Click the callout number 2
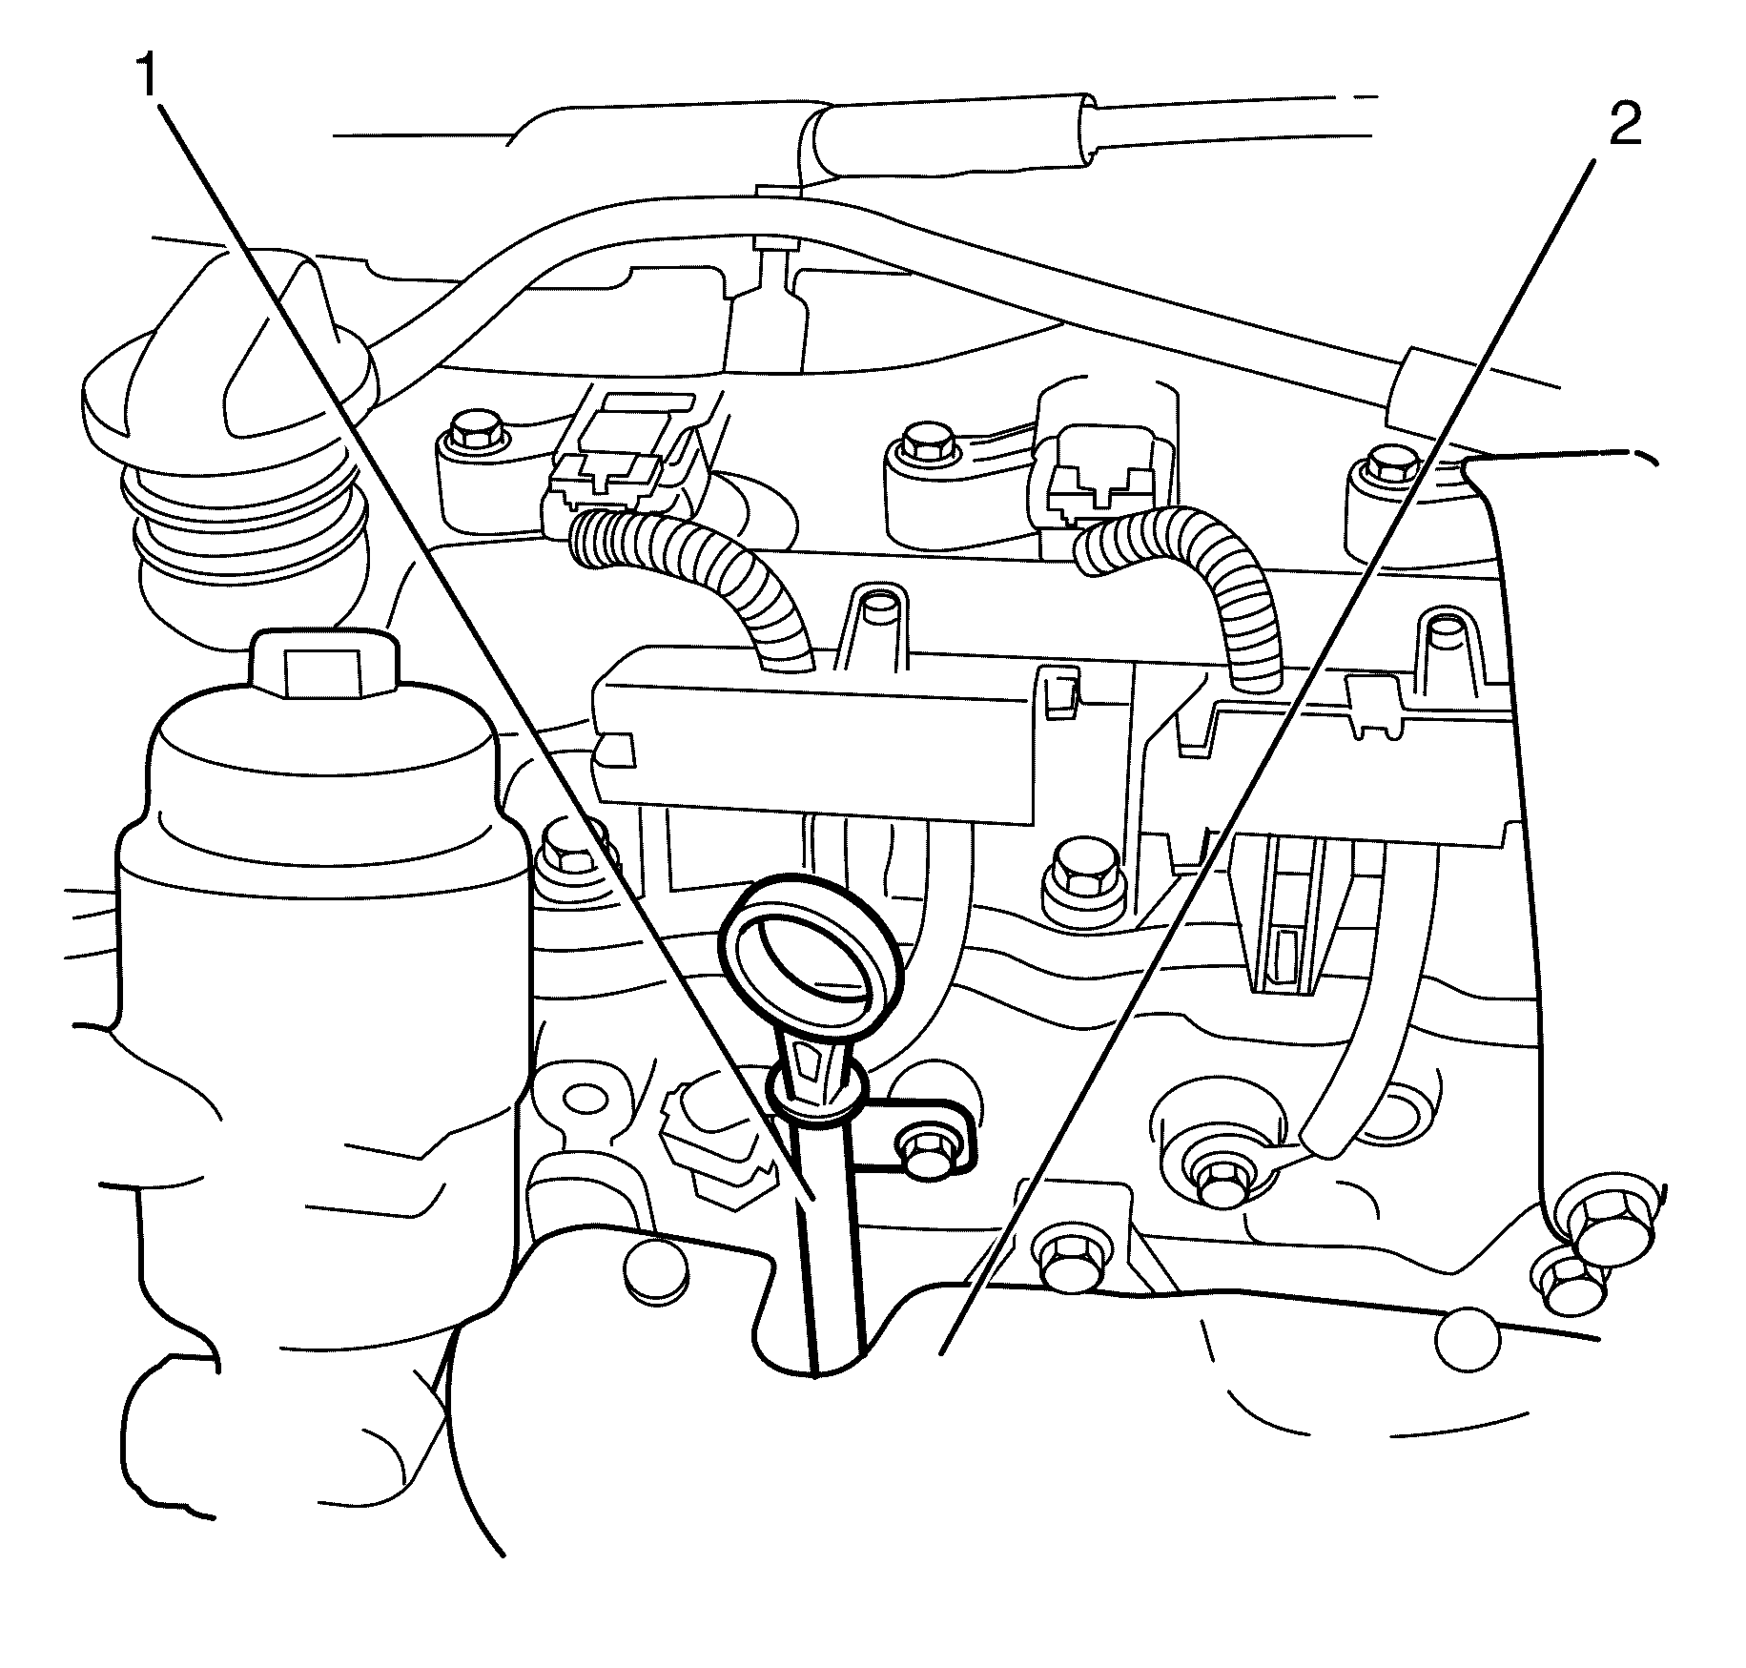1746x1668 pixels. [x=1625, y=125]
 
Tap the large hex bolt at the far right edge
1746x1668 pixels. [x=1612, y=1230]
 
